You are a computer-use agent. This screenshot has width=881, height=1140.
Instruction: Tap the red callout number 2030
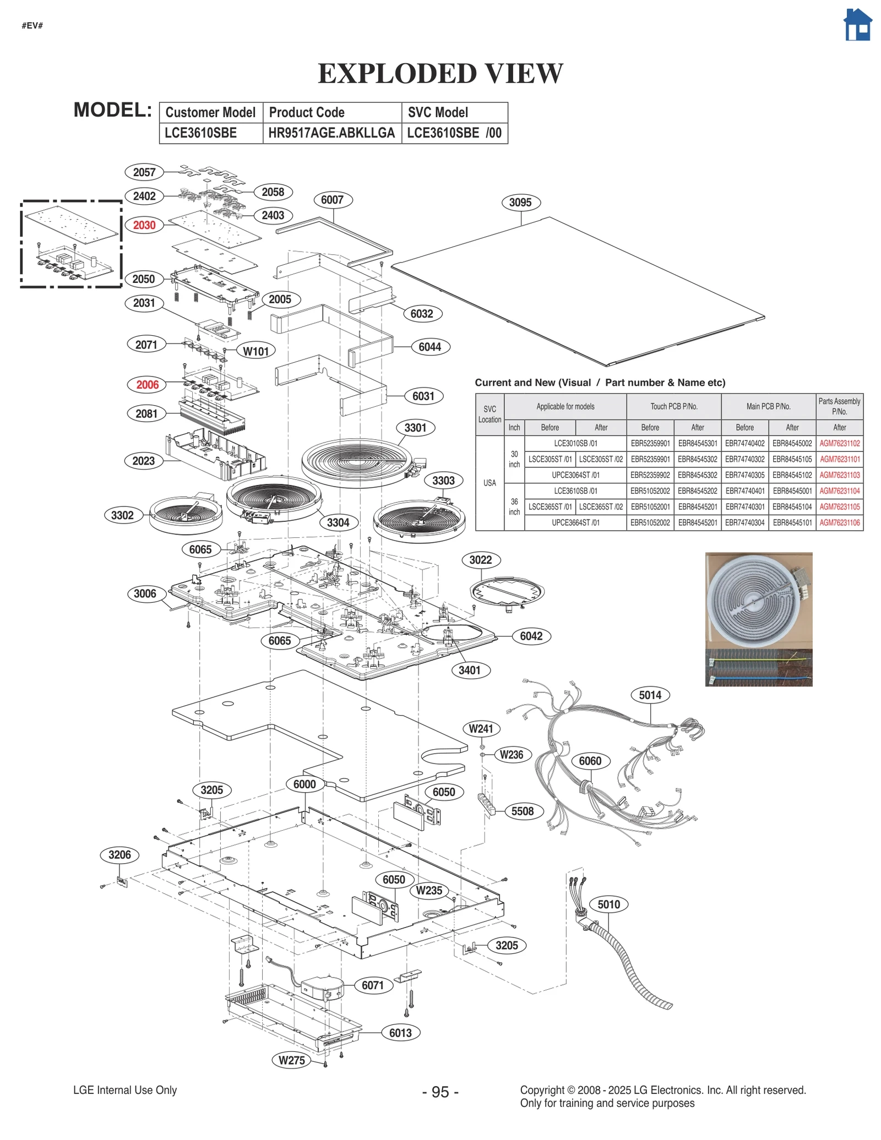[144, 225]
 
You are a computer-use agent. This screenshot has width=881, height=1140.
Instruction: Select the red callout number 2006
[147, 385]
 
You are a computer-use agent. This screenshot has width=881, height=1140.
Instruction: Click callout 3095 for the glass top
[520, 203]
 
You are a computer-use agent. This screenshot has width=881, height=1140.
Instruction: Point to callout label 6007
[332, 200]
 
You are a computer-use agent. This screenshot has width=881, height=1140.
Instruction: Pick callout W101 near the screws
[256, 351]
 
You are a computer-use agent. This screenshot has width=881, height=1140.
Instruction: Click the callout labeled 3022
[480, 560]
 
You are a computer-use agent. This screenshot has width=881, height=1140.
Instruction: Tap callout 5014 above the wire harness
[650, 695]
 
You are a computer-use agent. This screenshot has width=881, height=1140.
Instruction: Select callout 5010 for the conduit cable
[608, 904]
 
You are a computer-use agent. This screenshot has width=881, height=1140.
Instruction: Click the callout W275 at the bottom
[292, 1060]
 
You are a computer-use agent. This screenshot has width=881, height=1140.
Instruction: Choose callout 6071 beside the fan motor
[373, 985]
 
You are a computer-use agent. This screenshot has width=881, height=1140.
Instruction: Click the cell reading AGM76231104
[839, 491]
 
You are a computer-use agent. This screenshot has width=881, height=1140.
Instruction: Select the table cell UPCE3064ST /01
[575, 475]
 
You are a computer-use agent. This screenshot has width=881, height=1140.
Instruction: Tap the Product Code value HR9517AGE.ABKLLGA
[331, 133]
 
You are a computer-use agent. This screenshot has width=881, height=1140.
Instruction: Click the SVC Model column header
[438, 112]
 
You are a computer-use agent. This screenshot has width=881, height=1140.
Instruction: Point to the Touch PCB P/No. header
[673, 406]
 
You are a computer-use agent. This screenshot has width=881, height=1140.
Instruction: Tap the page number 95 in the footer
[440, 1092]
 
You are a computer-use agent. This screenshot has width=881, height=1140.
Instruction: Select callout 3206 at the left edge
[119, 855]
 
